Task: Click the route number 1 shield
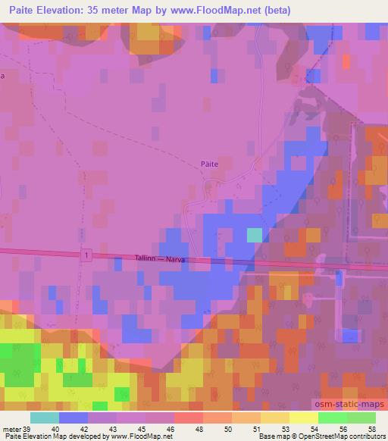click(x=87, y=257)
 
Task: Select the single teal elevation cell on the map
click(x=255, y=235)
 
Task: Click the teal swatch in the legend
click(x=44, y=418)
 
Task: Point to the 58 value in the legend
click(x=371, y=428)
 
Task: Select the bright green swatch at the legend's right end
click(x=361, y=418)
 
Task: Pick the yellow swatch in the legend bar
click(x=304, y=418)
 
